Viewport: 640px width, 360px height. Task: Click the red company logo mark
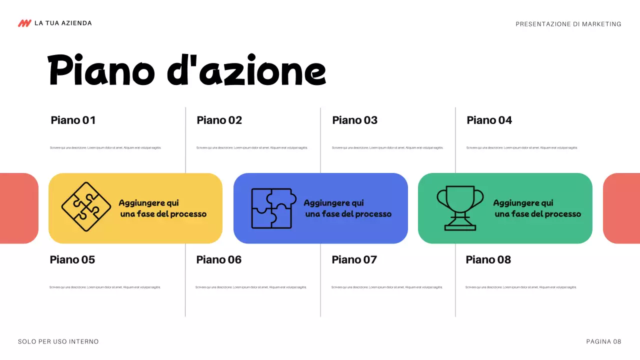click(x=24, y=23)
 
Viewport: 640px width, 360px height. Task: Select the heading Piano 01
click(x=73, y=120)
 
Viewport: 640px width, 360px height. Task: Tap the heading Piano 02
click(x=219, y=120)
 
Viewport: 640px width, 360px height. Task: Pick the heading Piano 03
click(x=354, y=120)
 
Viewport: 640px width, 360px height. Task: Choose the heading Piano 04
click(x=489, y=120)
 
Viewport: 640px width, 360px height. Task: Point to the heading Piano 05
click(x=72, y=259)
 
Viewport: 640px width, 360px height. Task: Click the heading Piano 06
click(x=218, y=259)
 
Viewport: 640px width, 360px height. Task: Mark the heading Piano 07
click(x=354, y=259)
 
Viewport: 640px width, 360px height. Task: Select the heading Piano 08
click(x=488, y=259)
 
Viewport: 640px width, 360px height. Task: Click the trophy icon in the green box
click(x=460, y=208)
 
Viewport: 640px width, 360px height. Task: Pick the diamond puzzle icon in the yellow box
click(x=86, y=207)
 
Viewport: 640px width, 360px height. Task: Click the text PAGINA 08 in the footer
click(x=603, y=341)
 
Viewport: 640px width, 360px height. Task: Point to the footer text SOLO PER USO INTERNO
click(x=58, y=341)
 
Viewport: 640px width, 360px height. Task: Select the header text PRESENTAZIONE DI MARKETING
click(x=568, y=24)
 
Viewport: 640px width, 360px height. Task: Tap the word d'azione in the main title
click(x=246, y=71)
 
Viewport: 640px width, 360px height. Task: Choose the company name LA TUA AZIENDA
click(x=63, y=23)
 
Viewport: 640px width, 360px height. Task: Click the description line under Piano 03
click(x=387, y=147)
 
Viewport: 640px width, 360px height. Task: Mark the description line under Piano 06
click(x=251, y=287)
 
